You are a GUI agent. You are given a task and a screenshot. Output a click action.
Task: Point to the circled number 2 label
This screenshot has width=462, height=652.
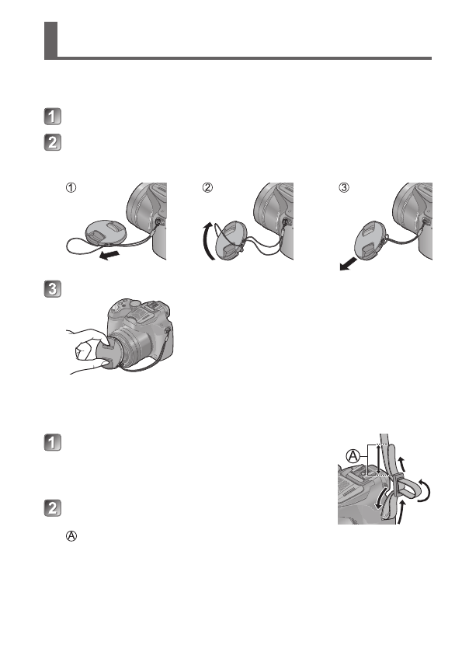207,187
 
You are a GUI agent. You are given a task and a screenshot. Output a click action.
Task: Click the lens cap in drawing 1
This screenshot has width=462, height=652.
108,231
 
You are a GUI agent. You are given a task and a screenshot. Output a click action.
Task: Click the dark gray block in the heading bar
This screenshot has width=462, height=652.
50,40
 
